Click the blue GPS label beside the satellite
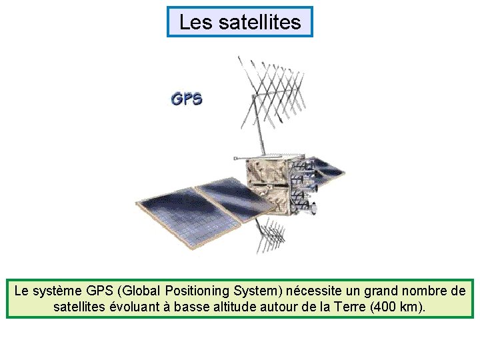(x=187, y=100)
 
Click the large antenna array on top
(x=273, y=90)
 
